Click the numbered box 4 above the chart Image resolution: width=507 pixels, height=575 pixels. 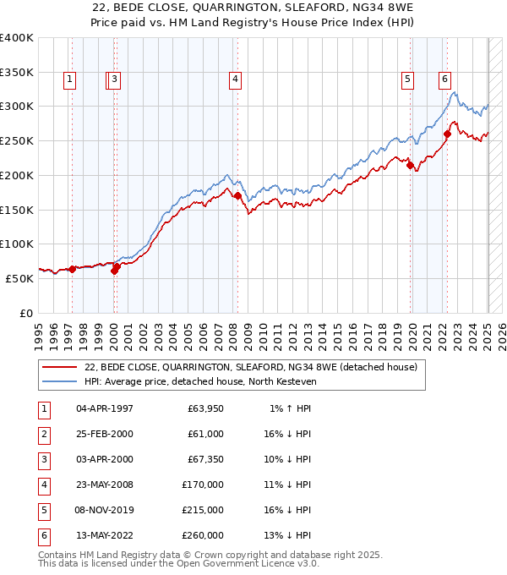pos(234,80)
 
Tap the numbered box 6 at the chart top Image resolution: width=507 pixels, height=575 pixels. pos(444,80)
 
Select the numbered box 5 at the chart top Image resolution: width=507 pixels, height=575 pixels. pos(407,80)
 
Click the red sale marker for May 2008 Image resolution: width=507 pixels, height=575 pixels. pos(237,196)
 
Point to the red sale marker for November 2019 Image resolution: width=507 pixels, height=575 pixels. pos(410,166)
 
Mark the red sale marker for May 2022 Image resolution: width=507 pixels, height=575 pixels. pos(447,133)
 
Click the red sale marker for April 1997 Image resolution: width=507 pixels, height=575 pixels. pos(72,269)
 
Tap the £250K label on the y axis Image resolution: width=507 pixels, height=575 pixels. pos(17,140)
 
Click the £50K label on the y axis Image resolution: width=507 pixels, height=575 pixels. pos(20,278)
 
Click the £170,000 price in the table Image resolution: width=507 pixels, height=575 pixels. pos(204,485)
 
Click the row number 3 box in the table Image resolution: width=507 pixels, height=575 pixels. pos(43,460)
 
